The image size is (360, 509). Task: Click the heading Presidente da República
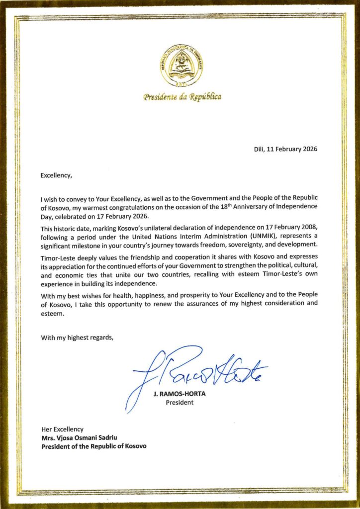(182, 96)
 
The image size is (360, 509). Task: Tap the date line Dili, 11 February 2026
(282, 149)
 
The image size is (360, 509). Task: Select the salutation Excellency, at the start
(56, 174)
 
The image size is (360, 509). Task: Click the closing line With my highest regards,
(77, 338)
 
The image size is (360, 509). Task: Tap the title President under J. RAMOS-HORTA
(180, 403)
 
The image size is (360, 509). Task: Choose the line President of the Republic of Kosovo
(93, 446)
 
